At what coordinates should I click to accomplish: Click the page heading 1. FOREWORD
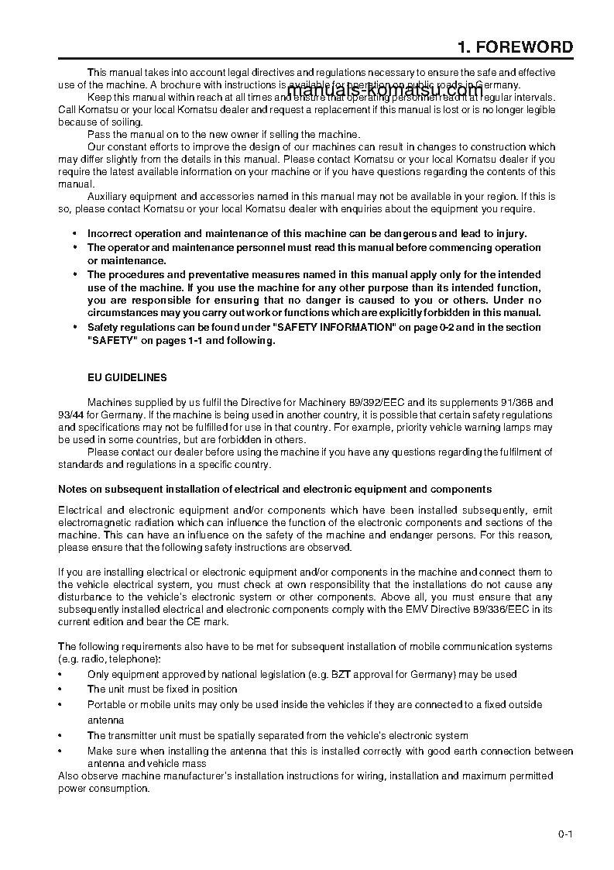point(515,47)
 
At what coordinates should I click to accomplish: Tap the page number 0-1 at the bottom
point(564,834)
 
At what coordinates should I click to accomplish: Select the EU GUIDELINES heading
point(127,378)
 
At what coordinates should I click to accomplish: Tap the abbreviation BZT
point(342,674)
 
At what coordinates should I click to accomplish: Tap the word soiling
point(125,122)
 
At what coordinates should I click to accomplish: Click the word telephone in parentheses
point(136,659)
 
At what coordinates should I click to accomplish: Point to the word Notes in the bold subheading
point(73,489)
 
